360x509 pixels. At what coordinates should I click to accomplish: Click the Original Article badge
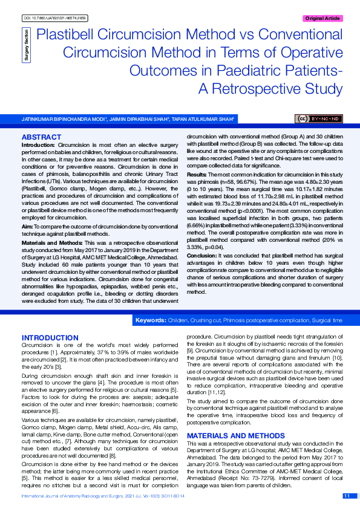point(322,18)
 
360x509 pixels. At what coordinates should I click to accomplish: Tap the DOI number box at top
point(55,19)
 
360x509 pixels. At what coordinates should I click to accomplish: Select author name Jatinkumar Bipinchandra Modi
point(64,119)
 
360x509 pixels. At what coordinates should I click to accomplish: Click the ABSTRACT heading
point(41,138)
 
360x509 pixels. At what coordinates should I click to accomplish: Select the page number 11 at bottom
point(347,496)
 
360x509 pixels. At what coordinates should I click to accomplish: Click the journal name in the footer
point(79,496)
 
